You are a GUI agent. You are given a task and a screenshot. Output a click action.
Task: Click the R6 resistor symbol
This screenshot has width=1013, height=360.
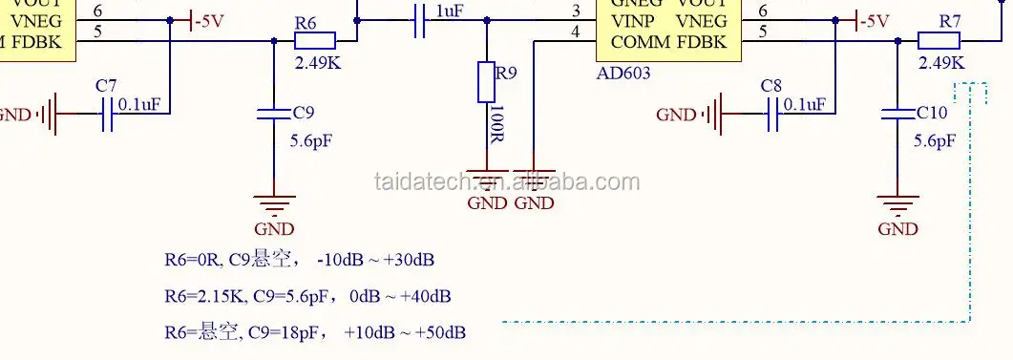point(315,40)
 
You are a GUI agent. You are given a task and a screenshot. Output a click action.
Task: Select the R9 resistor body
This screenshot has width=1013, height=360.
point(486,82)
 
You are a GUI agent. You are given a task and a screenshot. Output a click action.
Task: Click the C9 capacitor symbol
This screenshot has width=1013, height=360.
point(274,114)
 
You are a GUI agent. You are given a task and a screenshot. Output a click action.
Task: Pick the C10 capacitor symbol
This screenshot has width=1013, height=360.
point(898,114)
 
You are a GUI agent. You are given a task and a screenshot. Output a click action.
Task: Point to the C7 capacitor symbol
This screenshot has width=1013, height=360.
point(107,115)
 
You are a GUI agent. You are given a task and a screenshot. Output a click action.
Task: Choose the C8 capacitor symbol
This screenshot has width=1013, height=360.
point(774,115)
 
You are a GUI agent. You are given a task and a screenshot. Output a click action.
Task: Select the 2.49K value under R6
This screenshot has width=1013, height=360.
point(316,63)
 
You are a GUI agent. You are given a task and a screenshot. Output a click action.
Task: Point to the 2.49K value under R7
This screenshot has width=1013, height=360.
point(940,63)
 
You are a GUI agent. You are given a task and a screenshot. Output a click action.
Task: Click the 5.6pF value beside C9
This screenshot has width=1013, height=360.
point(310,141)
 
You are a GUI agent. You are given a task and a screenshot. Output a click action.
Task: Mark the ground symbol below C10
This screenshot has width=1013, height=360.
point(897,203)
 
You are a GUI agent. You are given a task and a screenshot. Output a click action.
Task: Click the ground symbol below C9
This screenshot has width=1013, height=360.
point(274,203)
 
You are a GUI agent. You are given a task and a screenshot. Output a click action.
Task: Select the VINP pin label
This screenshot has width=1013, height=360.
point(631,19)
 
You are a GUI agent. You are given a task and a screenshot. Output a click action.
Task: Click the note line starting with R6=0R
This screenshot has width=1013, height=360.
point(300,260)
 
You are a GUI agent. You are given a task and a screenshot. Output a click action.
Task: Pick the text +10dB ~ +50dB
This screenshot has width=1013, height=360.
point(405,332)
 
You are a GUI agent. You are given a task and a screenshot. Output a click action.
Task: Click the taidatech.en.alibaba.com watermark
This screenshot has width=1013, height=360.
point(506,181)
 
